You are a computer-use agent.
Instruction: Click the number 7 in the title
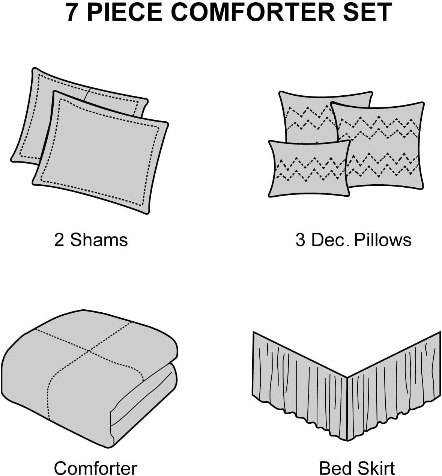click(x=72, y=12)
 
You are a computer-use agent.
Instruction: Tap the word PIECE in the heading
click(x=124, y=12)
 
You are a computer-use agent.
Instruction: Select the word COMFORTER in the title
click(x=253, y=12)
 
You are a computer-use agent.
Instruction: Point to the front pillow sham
click(x=101, y=154)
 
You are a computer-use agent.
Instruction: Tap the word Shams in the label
click(x=99, y=240)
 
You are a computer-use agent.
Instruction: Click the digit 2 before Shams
click(x=59, y=240)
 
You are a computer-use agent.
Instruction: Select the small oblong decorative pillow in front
click(x=309, y=169)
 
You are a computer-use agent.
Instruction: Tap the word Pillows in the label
click(x=383, y=240)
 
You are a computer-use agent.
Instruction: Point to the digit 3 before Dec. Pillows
click(x=301, y=240)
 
